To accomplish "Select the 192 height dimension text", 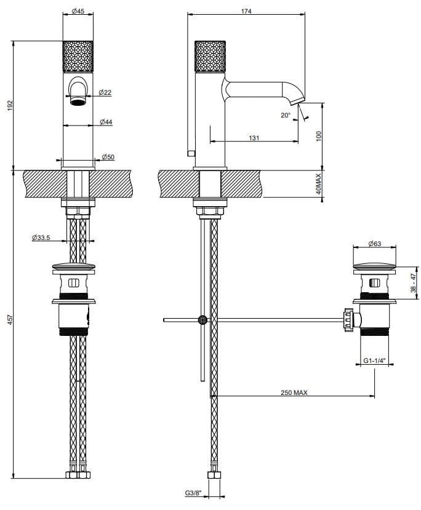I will coord(9,105).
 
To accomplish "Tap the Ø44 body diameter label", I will coord(106,122).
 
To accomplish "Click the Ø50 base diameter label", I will coord(108,157).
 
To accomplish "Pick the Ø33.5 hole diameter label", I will coord(41,237).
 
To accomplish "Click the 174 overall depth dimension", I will coord(247,10).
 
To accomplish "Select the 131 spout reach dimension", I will coord(254,138).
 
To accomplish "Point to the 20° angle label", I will coord(285,115).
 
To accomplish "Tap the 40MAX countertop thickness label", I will coord(319,184).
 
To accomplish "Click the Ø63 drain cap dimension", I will coord(374,244).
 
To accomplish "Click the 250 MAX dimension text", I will coord(294,392).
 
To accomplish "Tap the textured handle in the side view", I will coord(210,57).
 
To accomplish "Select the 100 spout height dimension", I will coord(319,136).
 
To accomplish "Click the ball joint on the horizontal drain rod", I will coord(202,319).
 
